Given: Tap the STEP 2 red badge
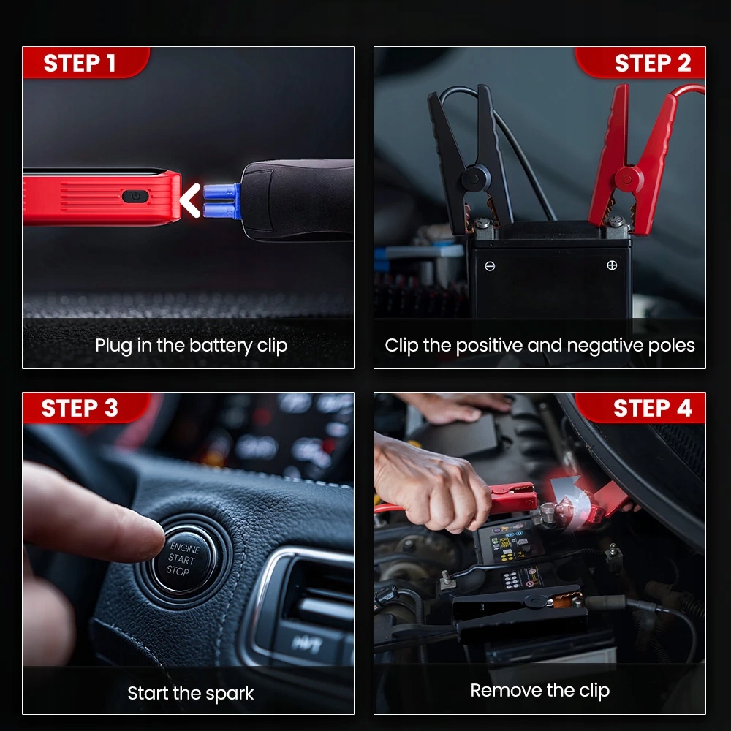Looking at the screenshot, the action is pyautogui.click(x=640, y=62).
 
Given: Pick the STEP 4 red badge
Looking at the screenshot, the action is pyautogui.click(x=640, y=408).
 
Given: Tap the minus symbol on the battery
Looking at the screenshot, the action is pyautogui.click(x=490, y=266).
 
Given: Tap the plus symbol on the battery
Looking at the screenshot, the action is pyautogui.click(x=612, y=265).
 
